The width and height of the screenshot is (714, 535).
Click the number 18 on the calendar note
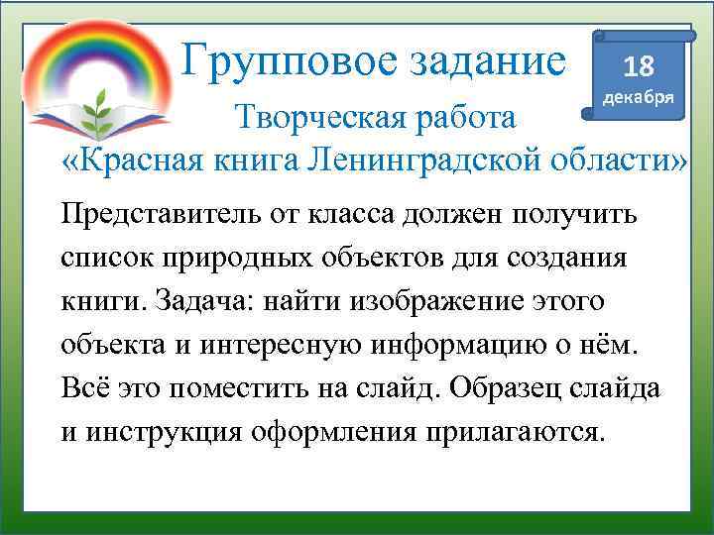pyautogui.click(x=639, y=67)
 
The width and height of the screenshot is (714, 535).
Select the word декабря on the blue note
pyautogui.click(x=640, y=99)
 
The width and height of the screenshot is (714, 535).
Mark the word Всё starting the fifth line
pyautogui.click(x=80, y=387)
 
